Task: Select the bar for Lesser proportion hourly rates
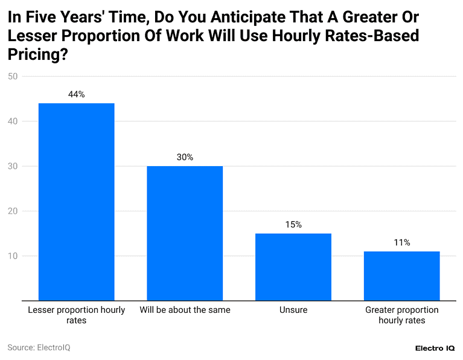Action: point(76,202)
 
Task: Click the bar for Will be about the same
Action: point(185,233)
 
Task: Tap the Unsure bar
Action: point(293,267)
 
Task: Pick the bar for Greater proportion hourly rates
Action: point(402,276)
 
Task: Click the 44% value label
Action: point(76,94)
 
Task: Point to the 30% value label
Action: point(185,157)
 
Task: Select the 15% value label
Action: point(293,225)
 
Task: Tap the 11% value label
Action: point(402,243)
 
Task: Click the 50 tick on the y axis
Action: point(13,76)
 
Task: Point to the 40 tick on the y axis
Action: point(13,121)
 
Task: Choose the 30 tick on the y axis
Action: point(13,166)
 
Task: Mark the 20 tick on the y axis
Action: point(13,211)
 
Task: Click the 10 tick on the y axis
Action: point(13,256)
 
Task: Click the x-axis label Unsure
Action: point(293,310)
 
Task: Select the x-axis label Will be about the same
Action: point(185,310)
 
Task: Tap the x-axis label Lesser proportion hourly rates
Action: point(76,315)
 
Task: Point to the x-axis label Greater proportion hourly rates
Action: point(402,315)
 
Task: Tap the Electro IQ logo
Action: point(435,349)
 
